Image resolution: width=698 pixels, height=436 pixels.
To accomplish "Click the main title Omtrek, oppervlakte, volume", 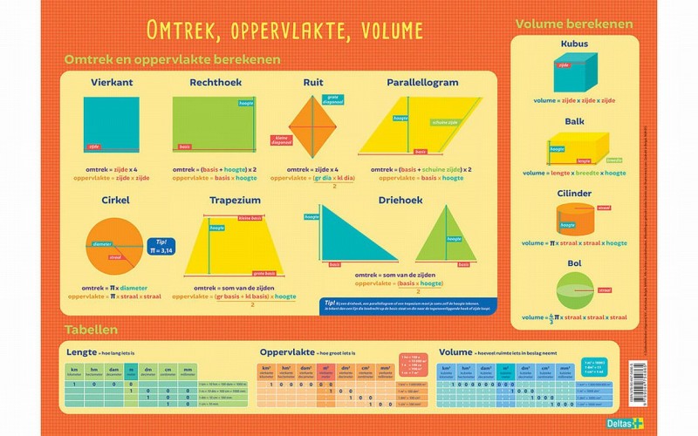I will click(x=284, y=31).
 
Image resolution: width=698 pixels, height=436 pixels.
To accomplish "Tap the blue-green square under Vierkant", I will click(x=111, y=125).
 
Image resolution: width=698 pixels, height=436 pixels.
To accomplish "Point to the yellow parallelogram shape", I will click(x=419, y=126).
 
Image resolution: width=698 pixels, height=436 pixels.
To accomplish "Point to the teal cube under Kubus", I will click(x=575, y=72).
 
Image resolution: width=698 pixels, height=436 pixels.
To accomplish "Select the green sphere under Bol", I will click(x=575, y=290).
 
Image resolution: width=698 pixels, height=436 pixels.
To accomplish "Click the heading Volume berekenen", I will click(x=574, y=23).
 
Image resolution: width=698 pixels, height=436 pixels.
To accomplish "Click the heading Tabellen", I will click(x=91, y=330).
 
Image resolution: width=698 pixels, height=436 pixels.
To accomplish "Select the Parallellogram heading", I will click(x=421, y=83).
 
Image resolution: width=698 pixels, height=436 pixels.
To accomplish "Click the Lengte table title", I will click(x=81, y=351).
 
